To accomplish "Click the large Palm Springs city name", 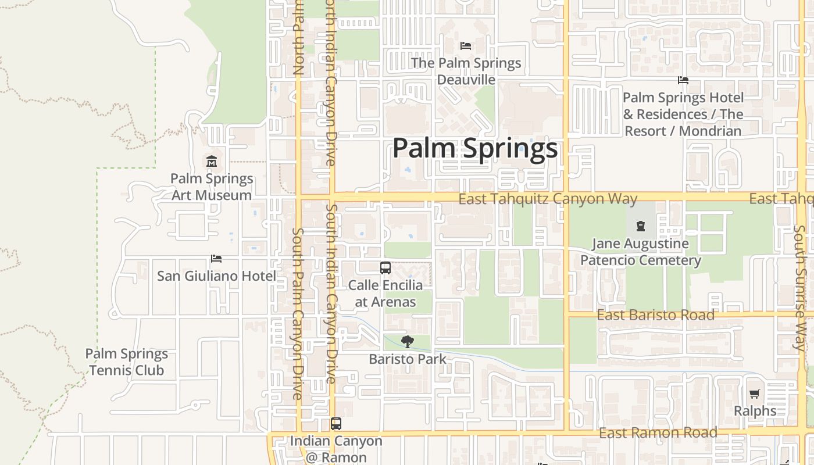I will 475,148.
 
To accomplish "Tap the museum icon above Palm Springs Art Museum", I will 212,161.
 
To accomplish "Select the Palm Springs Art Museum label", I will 212,187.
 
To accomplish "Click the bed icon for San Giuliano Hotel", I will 216,259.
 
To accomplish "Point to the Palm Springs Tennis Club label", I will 126,362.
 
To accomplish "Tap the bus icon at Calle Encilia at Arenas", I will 385,268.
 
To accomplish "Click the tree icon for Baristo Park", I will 408,342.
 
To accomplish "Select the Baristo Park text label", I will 408,359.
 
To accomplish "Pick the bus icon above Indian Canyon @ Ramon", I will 336,424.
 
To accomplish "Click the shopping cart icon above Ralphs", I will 755,394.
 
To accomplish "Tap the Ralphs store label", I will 755,411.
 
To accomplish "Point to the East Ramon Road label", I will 658,433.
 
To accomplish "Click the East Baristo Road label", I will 655,315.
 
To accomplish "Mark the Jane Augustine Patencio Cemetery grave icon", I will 640,226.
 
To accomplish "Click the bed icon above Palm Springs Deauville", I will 465,45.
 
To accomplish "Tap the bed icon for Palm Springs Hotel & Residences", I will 683,80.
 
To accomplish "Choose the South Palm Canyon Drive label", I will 298,314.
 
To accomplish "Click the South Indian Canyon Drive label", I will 331,294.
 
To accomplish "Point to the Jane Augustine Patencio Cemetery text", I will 640,252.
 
